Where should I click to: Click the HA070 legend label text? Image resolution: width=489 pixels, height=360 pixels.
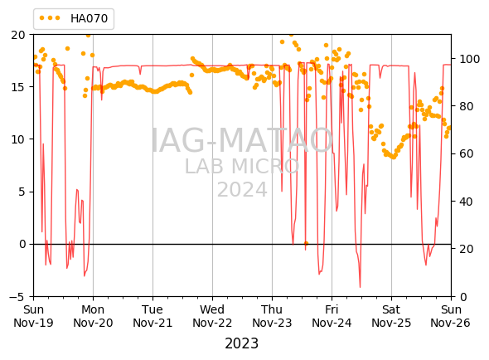(x=89, y=18)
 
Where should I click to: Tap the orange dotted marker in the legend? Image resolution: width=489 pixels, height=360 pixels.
(x=50, y=18)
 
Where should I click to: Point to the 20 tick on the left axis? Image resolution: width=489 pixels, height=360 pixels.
(x=18, y=35)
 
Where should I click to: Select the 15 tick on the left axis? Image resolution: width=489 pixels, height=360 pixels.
(x=18, y=87)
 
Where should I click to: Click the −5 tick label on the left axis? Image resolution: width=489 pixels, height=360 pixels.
(x=17, y=297)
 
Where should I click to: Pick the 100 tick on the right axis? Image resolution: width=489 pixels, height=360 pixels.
(x=469, y=59)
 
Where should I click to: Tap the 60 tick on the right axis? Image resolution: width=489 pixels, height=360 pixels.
(x=467, y=154)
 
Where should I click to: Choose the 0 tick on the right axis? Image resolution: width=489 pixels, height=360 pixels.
(x=463, y=297)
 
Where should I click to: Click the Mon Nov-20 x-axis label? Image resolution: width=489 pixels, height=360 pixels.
(x=93, y=316)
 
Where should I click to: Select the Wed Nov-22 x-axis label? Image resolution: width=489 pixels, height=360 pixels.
(x=212, y=316)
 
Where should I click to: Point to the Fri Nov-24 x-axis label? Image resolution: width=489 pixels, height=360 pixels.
(x=332, y=316)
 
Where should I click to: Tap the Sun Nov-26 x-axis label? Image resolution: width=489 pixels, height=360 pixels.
(x=451, y=316)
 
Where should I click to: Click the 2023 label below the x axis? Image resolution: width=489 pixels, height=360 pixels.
(x=242, y=343)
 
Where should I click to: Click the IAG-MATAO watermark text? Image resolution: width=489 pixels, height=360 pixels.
(x=242, y=141)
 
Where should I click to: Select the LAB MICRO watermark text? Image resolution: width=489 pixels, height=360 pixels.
(x=242, y=166)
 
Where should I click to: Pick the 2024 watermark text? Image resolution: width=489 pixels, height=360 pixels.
(x=242, y=189)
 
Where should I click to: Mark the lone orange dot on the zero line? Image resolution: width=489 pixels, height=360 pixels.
(x=306, y=243)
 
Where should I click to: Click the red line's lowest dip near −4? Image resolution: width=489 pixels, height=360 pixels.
(x=360, y=286)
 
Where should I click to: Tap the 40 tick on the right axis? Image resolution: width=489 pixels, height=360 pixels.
(x=467, y=202)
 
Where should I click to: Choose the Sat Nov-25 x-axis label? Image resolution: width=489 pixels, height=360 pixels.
(x=391, y=316)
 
